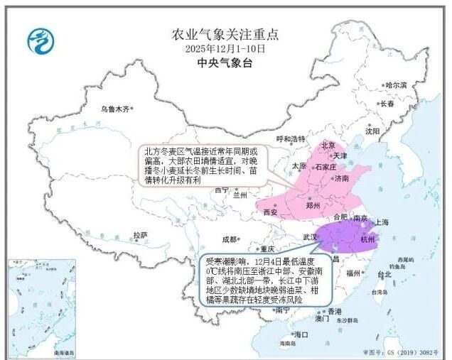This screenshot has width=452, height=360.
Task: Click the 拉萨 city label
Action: [x=141, y=235]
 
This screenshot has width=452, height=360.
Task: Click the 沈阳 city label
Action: [x=373, y=131]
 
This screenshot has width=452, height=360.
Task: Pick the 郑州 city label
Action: [x=313, y=204]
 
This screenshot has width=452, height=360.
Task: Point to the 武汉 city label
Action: [x=310, y=236]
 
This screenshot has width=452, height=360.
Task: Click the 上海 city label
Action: [x=381, y=222]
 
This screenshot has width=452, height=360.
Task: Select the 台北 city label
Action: [x=384, y=274]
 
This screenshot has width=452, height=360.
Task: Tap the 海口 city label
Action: [x=301, y=334]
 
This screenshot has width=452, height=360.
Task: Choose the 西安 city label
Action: [x=270, y=212]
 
